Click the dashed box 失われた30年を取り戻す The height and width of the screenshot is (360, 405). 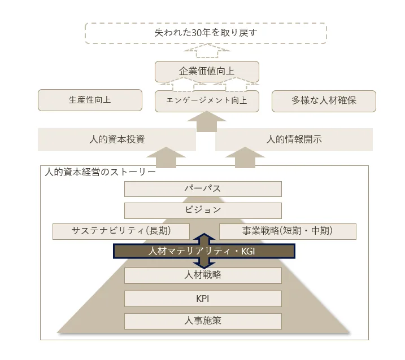click(206, 33)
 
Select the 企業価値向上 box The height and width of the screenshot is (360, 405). click(207, 72)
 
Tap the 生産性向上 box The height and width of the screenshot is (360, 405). click(90, 100)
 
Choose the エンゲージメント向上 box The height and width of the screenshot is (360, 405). click(207, 101)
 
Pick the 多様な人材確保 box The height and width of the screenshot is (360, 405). click(324, 101)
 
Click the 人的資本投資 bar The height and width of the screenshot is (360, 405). click(117, 139)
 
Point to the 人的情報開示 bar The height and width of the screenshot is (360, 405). click(294, 139)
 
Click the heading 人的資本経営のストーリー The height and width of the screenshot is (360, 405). click(101, 172)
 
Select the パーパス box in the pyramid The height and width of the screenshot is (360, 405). click(203, 189)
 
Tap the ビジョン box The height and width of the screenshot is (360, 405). click(203, 210)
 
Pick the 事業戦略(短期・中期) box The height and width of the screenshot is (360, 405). click(288, 231)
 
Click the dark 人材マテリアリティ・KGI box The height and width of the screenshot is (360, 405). click(203, 251)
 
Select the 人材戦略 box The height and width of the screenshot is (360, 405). click(203, 275)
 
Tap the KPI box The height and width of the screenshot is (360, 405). click(203, 298)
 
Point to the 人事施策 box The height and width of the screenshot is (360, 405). click(203, 321)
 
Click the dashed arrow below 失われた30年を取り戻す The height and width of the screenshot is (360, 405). click(207, 52)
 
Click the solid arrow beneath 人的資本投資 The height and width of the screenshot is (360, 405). click(165, 157)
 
